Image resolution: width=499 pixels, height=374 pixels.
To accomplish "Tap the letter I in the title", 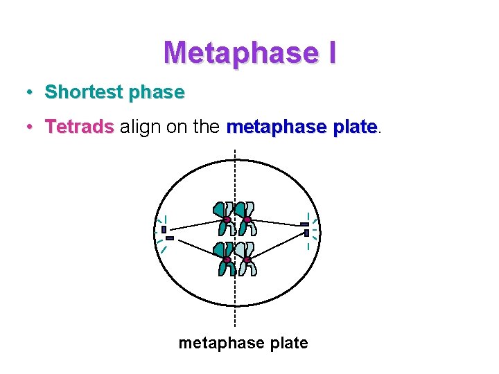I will pos(330,53).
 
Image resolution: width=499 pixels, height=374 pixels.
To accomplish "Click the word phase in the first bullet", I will pos(159,92).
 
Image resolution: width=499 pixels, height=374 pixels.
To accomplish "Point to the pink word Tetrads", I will pos(79,127).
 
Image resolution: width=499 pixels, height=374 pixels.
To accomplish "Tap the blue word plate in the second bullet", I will pos(349,127).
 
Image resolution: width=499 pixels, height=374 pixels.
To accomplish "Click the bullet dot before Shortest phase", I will pos(30,92).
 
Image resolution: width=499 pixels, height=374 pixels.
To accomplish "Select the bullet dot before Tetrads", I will pos(30,127).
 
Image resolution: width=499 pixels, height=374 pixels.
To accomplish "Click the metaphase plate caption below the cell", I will pos(243,343).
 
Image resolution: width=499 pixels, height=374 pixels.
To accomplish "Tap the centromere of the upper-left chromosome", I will pos(227,220).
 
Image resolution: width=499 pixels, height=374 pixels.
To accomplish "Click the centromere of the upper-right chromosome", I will pos(247,220).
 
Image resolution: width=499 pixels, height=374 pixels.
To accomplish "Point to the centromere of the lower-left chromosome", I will pos(227,260).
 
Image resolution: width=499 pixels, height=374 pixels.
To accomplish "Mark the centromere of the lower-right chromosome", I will pos(247,260).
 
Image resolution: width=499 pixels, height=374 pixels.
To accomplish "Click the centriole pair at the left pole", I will pos(166,233).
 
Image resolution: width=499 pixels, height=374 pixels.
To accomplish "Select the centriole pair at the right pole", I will pos(305,229).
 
